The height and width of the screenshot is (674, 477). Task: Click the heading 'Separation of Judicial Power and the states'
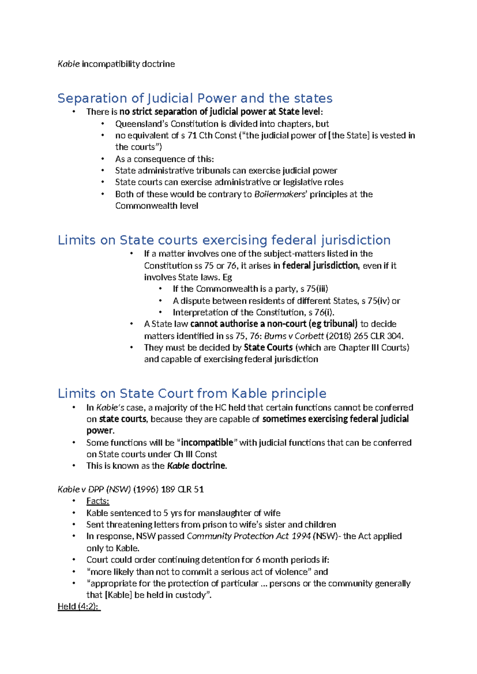coord(195,98)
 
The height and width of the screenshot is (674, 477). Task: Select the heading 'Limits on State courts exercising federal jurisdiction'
coord(224,240)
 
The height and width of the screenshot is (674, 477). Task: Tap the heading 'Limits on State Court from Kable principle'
coord(192,393)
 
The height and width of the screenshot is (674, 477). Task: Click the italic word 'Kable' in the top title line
coord(68,64)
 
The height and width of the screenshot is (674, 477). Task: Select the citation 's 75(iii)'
coord(314,289)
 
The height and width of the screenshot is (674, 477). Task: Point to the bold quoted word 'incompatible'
coord(207,443)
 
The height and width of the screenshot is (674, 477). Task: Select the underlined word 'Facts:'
coord(97,501)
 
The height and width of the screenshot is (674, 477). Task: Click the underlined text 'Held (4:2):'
coord(79,606)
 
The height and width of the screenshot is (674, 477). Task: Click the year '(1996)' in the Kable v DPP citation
coord(146,490)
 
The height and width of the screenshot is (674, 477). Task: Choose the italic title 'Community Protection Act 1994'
coord(248,536)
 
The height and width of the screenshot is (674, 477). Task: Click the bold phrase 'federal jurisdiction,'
coord(321,265)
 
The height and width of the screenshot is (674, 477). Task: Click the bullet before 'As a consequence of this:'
coord(103,159)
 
